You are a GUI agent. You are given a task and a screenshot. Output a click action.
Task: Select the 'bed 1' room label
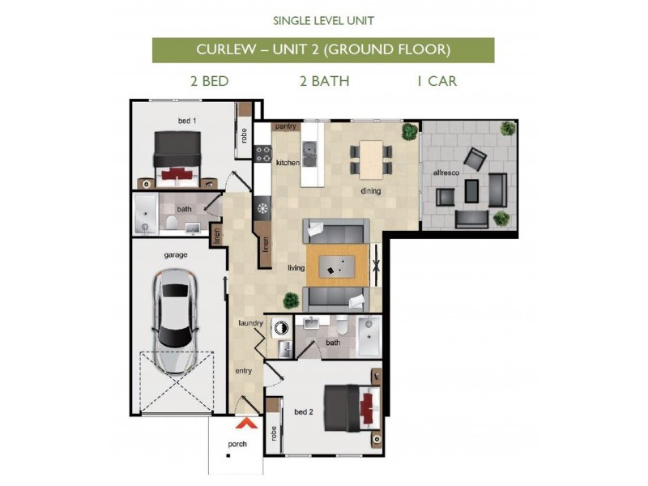[187, 121]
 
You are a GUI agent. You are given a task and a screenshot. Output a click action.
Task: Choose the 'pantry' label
[286, 126]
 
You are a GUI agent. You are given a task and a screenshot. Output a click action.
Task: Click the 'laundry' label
[251, 323]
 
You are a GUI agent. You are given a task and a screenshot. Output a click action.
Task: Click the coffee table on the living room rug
[338, 263]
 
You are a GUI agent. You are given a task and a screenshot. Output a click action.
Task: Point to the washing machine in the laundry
[282, 329]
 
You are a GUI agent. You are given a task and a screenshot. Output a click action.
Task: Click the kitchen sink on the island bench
[309, 150]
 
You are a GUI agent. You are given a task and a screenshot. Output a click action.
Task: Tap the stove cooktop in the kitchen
[262, 152]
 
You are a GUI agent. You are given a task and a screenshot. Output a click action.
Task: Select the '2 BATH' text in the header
[323, 81]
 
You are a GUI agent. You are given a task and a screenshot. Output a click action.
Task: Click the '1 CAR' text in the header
[437, 81]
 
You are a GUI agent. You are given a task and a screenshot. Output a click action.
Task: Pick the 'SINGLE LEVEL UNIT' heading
[323, 19]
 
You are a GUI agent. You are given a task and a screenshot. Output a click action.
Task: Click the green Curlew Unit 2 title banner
[323, 50]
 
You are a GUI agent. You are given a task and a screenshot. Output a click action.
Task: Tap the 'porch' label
[237, 444]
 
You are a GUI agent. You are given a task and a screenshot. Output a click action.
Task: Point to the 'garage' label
[176, 254]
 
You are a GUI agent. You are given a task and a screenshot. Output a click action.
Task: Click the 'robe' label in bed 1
[243, 135]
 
